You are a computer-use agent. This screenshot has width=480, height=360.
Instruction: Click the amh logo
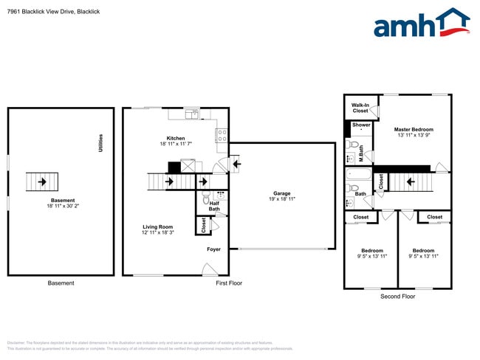(421, 24)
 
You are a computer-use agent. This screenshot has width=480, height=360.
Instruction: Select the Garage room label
(281, 194)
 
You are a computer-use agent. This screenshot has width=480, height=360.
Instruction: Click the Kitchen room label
(176, 138)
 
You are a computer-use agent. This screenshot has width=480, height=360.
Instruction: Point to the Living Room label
(158, 226)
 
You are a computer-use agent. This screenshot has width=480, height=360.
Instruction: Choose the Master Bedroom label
(414, 129)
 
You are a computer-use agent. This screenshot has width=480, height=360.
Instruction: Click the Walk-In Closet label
(360, 108)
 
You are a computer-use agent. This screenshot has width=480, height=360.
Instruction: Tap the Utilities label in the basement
(100, 143)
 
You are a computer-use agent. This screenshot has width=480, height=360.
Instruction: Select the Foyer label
(213, 249)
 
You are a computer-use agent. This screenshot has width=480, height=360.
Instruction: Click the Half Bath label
(214, 207)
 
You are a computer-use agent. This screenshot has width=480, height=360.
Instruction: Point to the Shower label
(361, 125)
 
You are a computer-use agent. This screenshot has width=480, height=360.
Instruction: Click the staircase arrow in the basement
(41, 180)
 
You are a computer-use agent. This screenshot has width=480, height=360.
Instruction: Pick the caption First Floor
(229, 283)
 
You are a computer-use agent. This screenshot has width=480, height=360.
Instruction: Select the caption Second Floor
(397, 296)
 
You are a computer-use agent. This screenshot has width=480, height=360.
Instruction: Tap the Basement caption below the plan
(61, 283)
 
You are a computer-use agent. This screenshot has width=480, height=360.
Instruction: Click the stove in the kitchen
(221, 134)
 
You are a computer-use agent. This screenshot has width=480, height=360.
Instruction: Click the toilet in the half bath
(207, 196)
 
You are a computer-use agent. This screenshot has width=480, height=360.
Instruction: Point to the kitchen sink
(193, 114)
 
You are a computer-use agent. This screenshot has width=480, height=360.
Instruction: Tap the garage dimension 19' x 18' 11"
(281, 200)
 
